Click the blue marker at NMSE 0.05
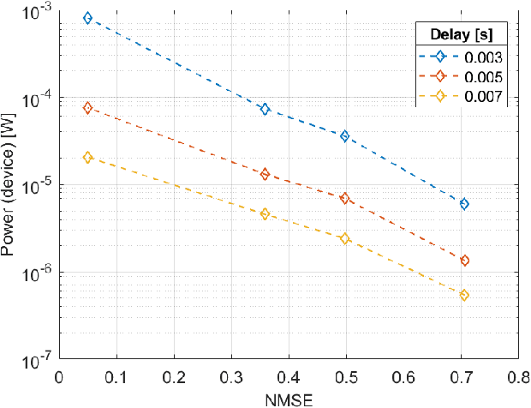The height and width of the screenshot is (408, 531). pos(87,18)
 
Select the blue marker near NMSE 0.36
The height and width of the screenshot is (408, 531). pos(265,109)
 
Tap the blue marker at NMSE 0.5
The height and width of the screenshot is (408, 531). pos(345,136)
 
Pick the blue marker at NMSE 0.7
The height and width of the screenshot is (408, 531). pos(464,204)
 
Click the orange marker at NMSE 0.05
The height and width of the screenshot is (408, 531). pos(87,108)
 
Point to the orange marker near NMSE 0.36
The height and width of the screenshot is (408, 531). pos(265,174)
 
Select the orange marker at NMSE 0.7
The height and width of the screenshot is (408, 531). pos(464,261)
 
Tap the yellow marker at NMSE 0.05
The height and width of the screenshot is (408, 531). pos(87,158)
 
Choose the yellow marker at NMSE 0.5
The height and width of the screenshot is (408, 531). pos(345,238)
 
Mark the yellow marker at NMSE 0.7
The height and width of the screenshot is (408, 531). pos(464,295)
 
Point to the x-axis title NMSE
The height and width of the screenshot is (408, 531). pos(288,398)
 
